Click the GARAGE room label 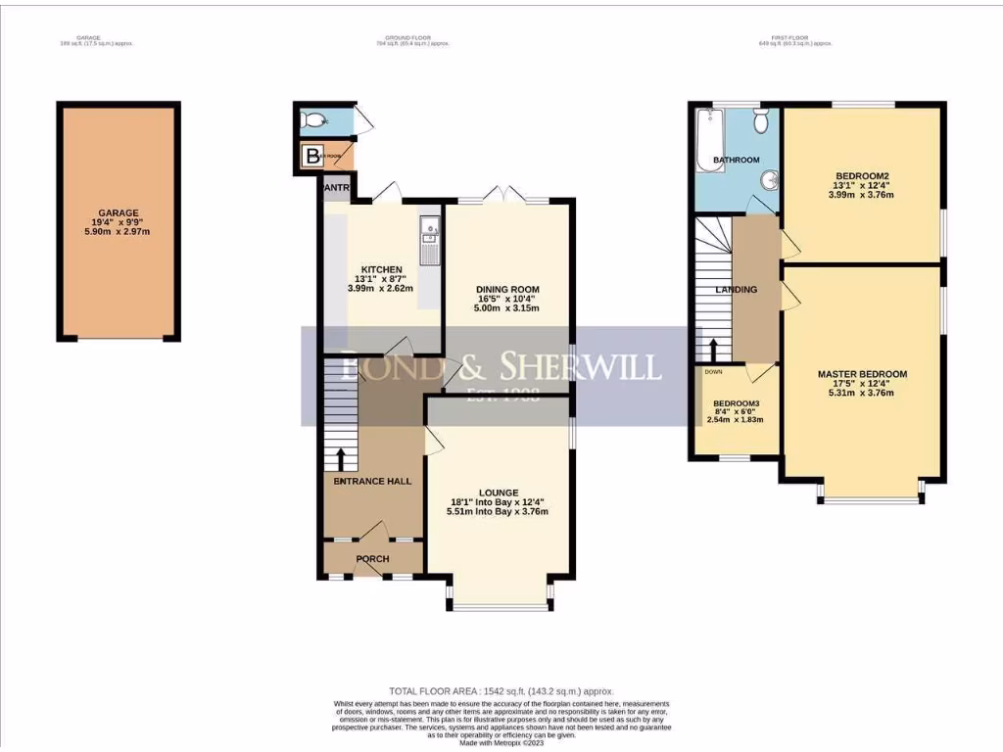[118, 212]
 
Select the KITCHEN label [382, 269]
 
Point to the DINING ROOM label [507, 289]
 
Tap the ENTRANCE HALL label [372, 481]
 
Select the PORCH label [372, 559]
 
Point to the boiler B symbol [312, 155]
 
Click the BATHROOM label [736, 160]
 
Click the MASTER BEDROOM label [862, 374]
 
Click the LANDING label [736, 290]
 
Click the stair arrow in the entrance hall [341, 457]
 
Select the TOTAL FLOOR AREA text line [501, 691]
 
